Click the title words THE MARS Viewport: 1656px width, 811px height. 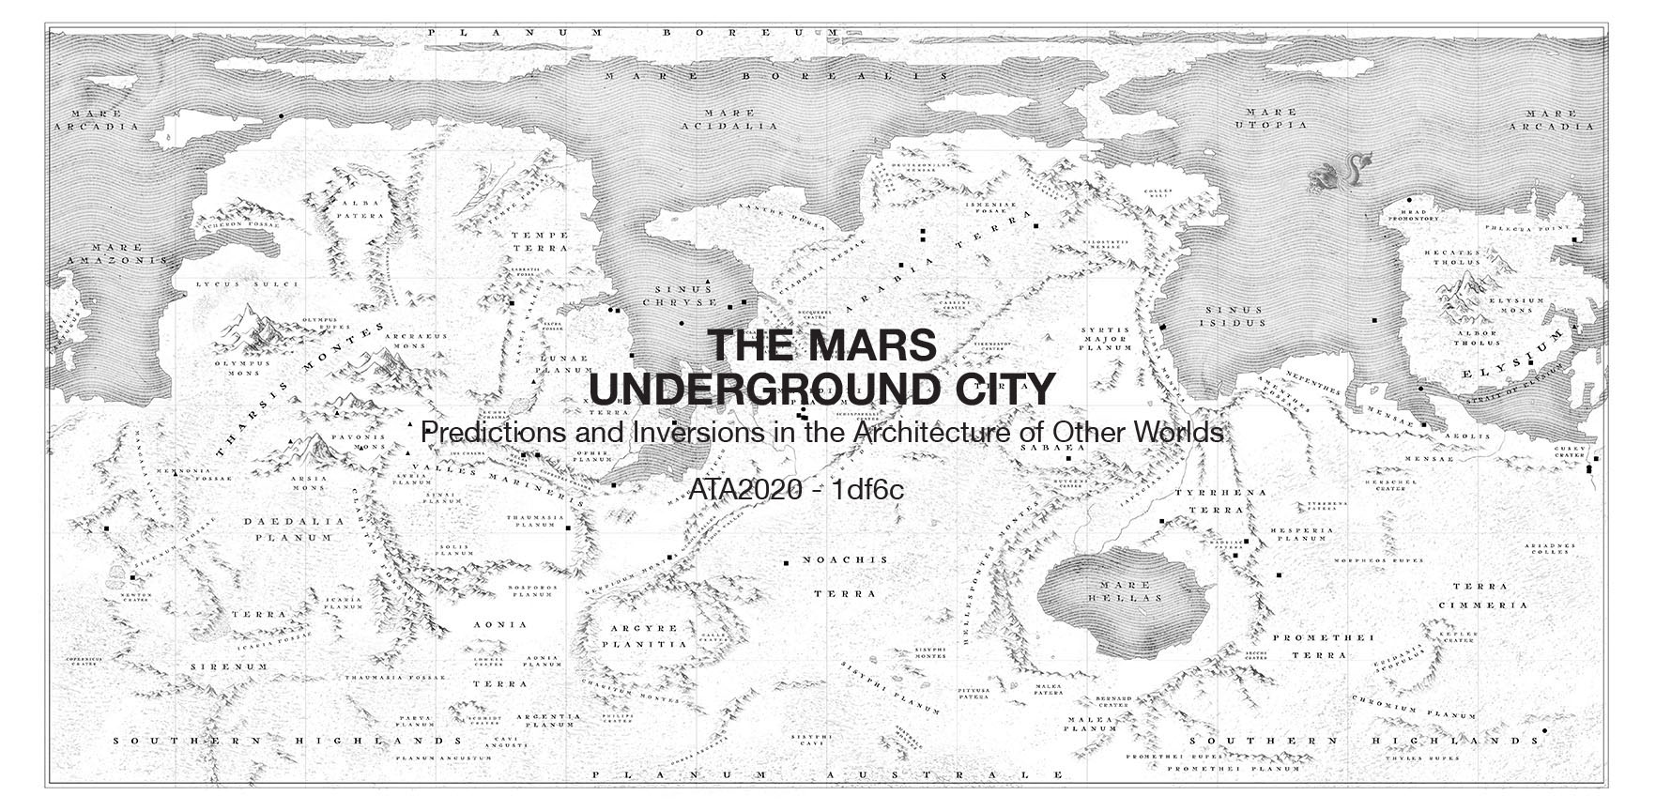[822, 344]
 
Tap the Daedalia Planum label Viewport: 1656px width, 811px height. [288, 529]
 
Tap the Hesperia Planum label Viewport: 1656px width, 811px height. [1301, 534]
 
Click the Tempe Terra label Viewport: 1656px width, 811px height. [539, 241]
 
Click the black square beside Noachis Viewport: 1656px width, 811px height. [787, 562]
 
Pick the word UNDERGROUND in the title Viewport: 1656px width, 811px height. [754, 388]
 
